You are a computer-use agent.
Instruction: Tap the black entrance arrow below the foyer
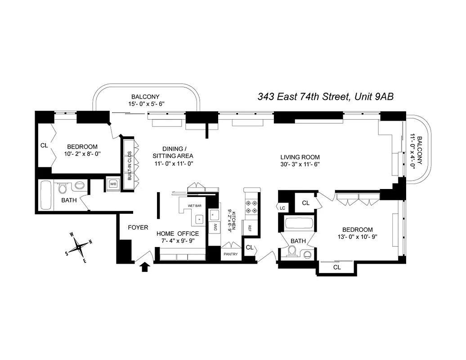point(145,267)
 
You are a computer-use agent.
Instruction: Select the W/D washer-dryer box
point(112,184)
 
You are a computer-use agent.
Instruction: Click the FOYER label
point(138,227)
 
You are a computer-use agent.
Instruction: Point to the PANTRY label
point(231,254)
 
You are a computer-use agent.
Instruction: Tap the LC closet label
point(282,207)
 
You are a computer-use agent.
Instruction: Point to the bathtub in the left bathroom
point(45,195)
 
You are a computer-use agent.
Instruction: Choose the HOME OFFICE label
point(177,234)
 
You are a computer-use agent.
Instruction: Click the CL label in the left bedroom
point(44,146)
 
